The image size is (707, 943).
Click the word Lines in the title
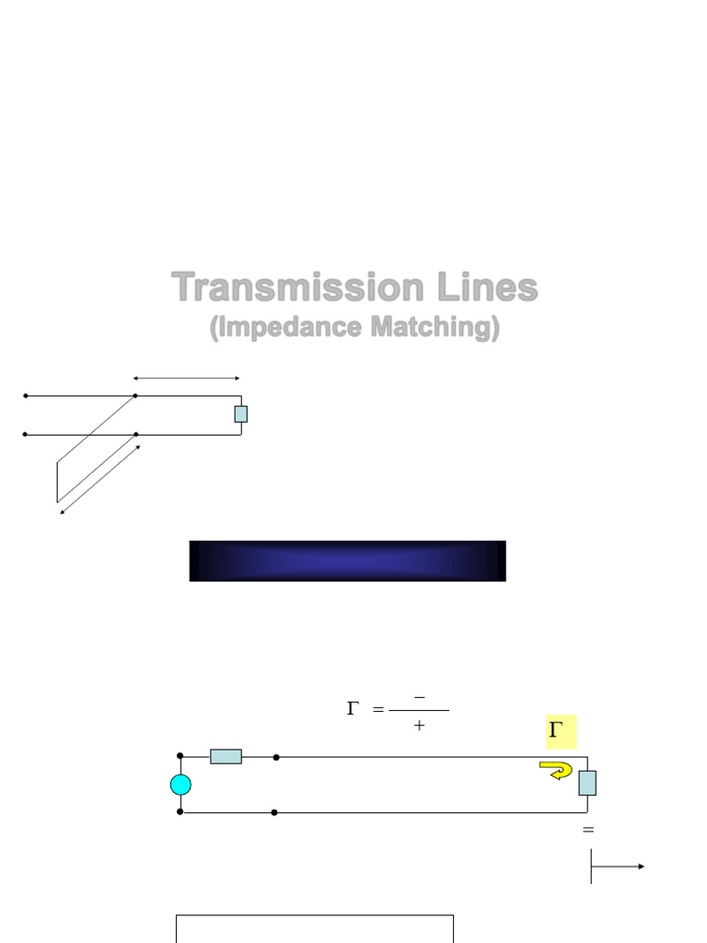[x=488, y=287]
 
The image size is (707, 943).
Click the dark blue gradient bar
[x=347, y=561]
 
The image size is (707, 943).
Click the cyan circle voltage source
[x=181, y=785]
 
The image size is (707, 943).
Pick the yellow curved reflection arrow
[x=555, y=770]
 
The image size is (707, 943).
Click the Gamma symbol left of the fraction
[x=353, y=708]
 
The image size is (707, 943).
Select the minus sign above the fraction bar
[x=420, y=697]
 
